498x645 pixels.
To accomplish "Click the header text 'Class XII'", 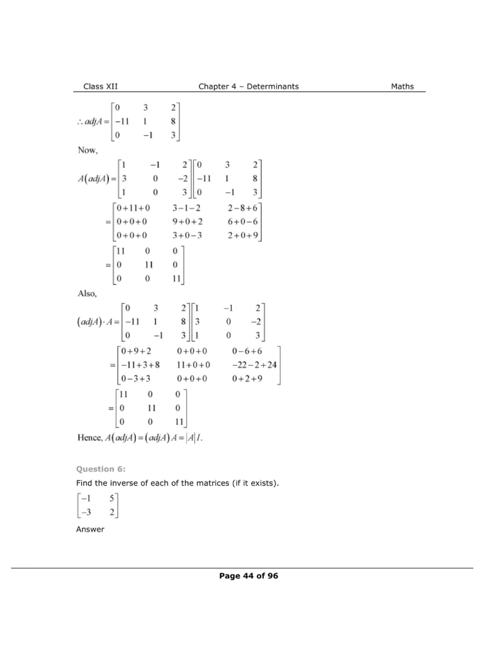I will click(100, 86).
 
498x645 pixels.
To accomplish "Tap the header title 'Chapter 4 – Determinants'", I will click(249, 86).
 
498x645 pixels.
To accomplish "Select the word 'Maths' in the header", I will click(402, 86).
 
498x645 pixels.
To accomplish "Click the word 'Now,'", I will click(88, 151).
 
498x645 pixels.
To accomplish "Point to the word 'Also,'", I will click(87, 293).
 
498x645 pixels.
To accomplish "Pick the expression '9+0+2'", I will click(188, 222).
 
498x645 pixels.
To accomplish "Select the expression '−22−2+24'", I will click(254, 365).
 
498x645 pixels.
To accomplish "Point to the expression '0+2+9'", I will click(246, 379).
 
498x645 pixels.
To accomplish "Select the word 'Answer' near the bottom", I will click(90, 530).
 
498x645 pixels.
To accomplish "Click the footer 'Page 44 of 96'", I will click(249, 576).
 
